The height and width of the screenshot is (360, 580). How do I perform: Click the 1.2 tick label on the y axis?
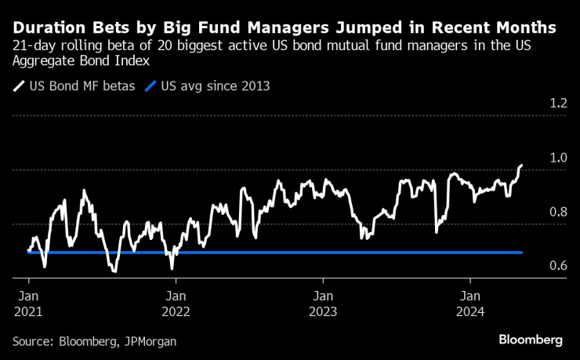(557, 104)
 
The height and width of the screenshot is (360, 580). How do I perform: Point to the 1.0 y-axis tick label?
(557, 158)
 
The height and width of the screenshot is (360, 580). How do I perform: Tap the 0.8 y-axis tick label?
(557, 212)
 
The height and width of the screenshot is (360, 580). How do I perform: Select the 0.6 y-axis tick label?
(557, 266)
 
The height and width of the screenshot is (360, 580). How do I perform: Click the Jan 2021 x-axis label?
(28, 304)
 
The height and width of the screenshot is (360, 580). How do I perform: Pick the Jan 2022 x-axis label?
(176, 304)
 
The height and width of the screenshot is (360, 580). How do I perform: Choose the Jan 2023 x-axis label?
(323, 304)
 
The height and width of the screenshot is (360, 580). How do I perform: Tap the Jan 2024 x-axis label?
(470, 304)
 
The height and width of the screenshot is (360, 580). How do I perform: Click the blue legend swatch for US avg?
(150, 86)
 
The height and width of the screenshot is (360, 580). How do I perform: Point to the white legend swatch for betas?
(19, 86)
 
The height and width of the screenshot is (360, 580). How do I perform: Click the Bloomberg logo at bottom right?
(531, 340)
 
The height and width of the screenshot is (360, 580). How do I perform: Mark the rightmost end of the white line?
(522, 165)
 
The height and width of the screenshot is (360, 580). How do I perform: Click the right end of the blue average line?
(522, 253)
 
